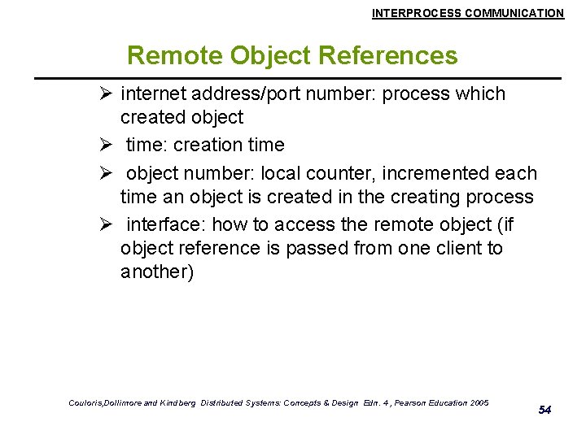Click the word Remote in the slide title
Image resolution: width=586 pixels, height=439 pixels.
tap(175, 56)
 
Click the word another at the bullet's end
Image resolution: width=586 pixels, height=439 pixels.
tap(155, 272)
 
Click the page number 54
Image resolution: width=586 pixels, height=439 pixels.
tap(544, 410)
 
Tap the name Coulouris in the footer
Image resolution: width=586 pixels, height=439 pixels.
tap(81, 402)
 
